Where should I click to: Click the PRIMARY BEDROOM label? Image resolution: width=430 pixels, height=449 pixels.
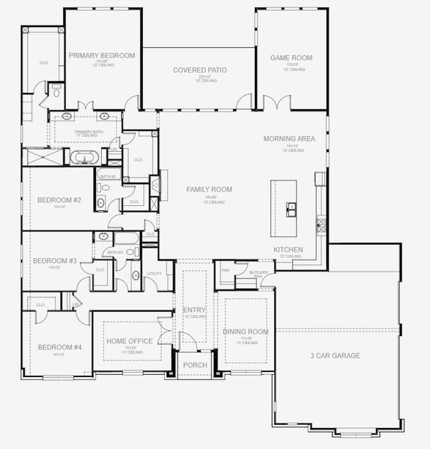tap(102, 56)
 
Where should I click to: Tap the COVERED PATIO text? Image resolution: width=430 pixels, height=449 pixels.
tap(199, 70)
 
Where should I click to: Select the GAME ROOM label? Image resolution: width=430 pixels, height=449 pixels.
tap(291, 58)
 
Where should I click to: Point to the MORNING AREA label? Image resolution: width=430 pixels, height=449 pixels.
tap(289, 139)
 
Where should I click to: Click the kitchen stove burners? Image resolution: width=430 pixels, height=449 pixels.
tap(321, 222)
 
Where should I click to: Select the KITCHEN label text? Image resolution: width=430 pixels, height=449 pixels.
tap(288, 249)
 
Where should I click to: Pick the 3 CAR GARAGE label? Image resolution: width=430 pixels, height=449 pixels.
tap(335, 355)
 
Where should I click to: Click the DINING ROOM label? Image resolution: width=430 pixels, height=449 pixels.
tap(246, 331)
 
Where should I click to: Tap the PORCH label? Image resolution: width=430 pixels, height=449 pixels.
tap(196, 365)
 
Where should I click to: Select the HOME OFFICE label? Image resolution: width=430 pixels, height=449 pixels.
tap(130, 341)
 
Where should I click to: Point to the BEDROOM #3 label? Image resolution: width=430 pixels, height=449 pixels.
tap(54, 261)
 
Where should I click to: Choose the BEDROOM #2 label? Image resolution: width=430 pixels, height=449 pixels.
tap(59, 200)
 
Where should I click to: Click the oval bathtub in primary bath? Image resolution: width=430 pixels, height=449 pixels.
tap(83, 157)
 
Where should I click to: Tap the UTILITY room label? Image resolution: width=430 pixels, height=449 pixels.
tap(154, 274)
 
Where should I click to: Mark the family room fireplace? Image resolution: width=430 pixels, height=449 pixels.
tap(155, 186)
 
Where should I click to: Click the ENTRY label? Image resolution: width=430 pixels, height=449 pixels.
tap(194, 310)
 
